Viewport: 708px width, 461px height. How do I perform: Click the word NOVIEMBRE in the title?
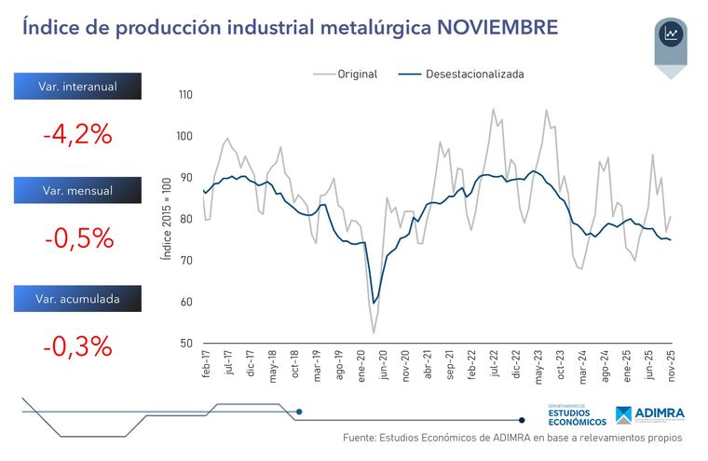[497, 28]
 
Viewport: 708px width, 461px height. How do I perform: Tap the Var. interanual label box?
[77, 87]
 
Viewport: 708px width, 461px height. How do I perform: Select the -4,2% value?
[77, 134]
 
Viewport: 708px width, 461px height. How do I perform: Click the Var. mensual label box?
[77, 191]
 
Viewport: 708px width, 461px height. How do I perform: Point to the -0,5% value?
[78, 238]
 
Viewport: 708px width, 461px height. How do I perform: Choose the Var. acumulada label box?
[77, 299]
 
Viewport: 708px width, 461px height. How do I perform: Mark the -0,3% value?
[77, 346]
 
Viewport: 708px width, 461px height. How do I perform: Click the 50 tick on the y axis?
[186, 344]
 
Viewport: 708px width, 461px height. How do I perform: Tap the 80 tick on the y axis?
[186, 220]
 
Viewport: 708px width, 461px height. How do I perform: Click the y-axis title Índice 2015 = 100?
[166, 219]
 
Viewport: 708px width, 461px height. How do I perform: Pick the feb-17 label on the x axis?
[203, 363]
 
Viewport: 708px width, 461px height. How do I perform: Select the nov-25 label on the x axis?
[671, 363]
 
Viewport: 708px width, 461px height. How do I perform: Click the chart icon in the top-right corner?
[671, 35]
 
